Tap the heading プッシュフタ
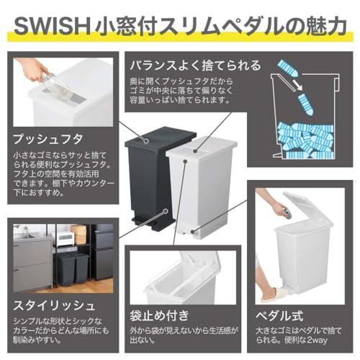point(48,139)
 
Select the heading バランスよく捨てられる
point(195,65)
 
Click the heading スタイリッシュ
point(54,305)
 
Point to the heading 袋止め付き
point(160,315)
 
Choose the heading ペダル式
point(279,315)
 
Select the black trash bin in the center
point(156,176)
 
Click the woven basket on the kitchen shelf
point(78,234)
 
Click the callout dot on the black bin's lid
point(145,142)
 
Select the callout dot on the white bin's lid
point(196,151)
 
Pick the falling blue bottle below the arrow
point(305,104)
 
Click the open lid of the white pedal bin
point(308,210)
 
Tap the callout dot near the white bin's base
point(193,231)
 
